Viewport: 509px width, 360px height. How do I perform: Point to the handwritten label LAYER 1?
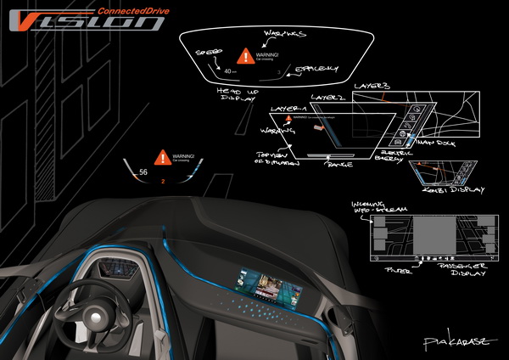point(286,110)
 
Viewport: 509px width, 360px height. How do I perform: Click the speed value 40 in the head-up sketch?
point(230,71)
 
